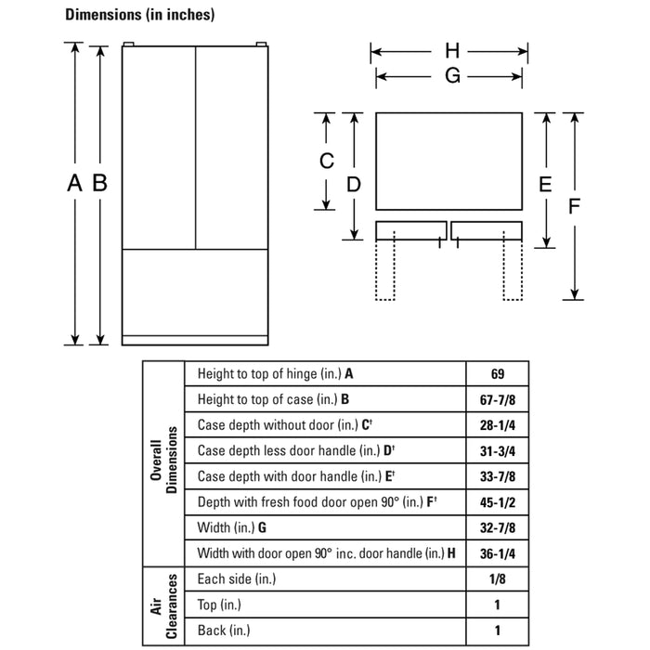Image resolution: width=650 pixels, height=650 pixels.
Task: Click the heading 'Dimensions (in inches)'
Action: (x=139, y=15)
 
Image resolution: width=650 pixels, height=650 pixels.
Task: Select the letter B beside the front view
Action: (x=99, y=184)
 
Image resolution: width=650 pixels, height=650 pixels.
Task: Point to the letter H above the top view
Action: (x=451, y=51)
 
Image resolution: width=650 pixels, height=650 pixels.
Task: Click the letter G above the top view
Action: (x=451, y=76)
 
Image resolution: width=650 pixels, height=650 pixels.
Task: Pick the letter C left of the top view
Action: (x=327, y=161)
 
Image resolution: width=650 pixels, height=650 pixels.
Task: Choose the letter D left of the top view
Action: (x=354, y=185)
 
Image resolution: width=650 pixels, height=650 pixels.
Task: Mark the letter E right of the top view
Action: (x=546, y=185)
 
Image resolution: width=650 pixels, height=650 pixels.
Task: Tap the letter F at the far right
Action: (x=575, y=207)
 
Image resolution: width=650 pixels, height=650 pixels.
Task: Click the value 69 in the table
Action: (x=497, y=374)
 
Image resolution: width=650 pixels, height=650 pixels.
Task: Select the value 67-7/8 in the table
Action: (x=497, y=400)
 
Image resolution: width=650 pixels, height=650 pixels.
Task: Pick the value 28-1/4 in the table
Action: (x=497, y=425)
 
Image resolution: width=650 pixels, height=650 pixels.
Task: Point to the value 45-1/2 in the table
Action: (x=497, y=502)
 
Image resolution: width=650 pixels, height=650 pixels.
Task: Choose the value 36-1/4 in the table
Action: (x=497, y=553)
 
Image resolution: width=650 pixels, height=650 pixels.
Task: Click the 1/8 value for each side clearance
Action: (x=497, y=579)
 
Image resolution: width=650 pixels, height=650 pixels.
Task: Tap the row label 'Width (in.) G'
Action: (x=232, y=527)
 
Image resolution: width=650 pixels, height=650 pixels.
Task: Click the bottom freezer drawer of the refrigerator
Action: (x=195, y=292)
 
